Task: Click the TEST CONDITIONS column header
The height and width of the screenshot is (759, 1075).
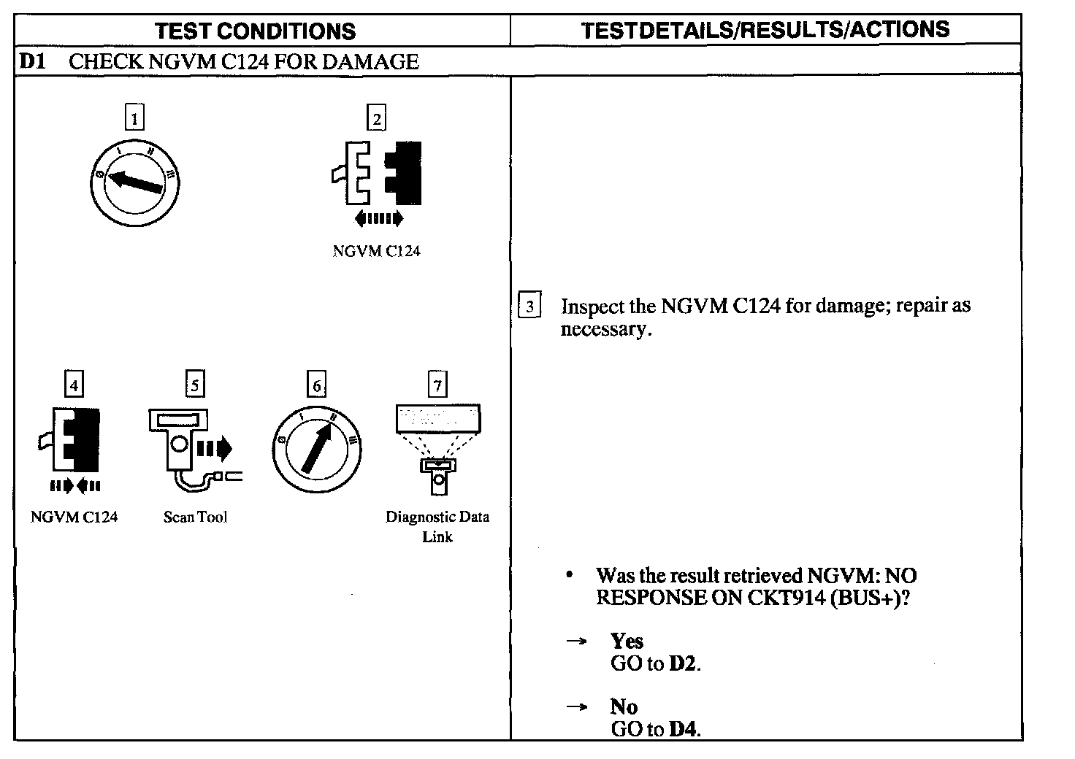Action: pos(256,31)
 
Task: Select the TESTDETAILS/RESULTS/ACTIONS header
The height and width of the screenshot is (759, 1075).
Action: pos(765,30)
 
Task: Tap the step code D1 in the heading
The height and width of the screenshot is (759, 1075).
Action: pos(32,61)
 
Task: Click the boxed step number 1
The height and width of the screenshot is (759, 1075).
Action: pos(134,117)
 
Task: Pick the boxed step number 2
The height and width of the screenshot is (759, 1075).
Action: pos(376,118)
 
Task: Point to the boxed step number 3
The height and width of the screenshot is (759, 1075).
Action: pos(529,305)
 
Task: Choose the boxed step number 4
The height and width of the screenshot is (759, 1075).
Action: pos(74,384)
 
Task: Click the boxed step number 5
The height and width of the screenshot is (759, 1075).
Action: pos(195,384)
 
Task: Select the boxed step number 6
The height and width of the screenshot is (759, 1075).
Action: pos(316,385)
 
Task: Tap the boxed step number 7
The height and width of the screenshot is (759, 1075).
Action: pos(437,384)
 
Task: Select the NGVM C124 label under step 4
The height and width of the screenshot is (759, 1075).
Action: pos(74,517)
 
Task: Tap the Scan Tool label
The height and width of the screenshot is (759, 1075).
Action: pos(195,517)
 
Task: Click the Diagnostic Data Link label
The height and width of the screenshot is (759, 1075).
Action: pos(437,526)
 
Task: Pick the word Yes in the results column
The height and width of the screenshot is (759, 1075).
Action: pos(627,641)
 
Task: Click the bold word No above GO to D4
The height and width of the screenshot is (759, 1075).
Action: pos(624,706)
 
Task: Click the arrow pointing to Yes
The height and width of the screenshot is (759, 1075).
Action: pos(577,642)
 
